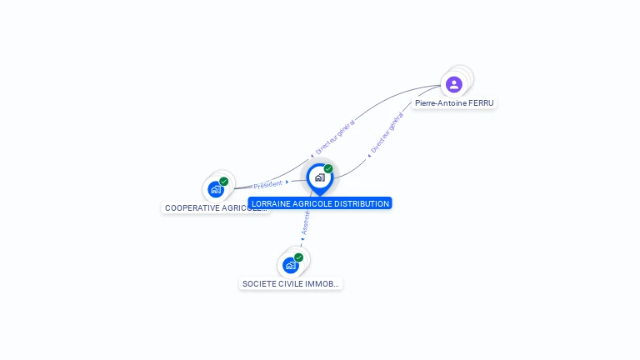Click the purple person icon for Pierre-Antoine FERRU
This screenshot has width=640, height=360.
[453, 84]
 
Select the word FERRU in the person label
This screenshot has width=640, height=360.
[481, 103]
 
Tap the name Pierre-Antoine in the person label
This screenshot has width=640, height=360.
[441, 103]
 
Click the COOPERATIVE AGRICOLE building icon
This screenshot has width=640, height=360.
[216, 189]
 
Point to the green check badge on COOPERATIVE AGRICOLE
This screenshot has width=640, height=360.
[224, 181]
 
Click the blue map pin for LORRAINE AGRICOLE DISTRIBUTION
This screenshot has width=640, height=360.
[319, 178]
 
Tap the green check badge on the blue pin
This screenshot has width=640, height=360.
[328, 168]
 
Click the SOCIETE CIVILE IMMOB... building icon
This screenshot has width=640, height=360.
[290, 265]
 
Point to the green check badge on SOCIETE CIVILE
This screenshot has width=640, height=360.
[298, 257]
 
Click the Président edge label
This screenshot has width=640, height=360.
[268, 184]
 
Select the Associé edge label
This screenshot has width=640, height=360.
[305, 221]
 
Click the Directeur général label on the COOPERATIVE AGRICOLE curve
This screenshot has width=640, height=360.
[335, 136]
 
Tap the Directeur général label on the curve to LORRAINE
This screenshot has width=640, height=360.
[387, 132]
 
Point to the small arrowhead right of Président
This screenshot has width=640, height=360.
[287, 182]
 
